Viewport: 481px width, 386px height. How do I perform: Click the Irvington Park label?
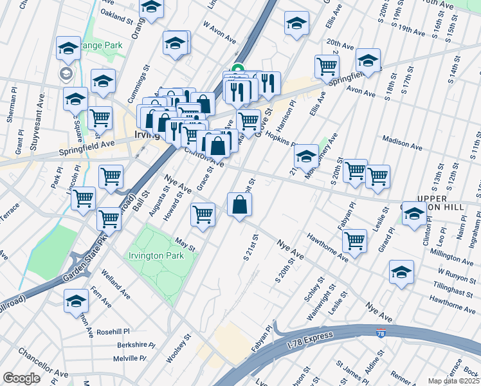click(x=156, y=255)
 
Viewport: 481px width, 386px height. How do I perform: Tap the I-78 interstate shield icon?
click(x=381, y=334)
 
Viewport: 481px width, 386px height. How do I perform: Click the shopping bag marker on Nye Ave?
click(x=239, y=205)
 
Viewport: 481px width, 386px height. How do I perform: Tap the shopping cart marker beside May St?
click(x=203, y=215)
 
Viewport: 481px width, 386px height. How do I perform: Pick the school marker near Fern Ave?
click(x=76, y=300)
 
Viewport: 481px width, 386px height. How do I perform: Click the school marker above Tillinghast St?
click(x=401, y=271)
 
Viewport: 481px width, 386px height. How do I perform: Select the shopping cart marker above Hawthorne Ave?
click(x=354, y=241)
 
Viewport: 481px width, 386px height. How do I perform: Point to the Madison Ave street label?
click(x=402, y=142)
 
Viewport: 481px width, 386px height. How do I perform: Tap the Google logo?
click(x=21, y=378)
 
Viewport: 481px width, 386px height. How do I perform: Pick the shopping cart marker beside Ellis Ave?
click(x=327, y=66)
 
